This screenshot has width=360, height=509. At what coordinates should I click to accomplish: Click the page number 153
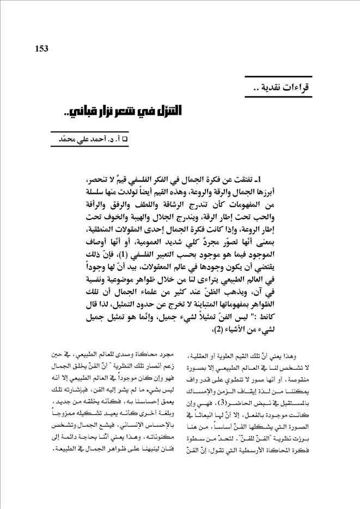(41, 49)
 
